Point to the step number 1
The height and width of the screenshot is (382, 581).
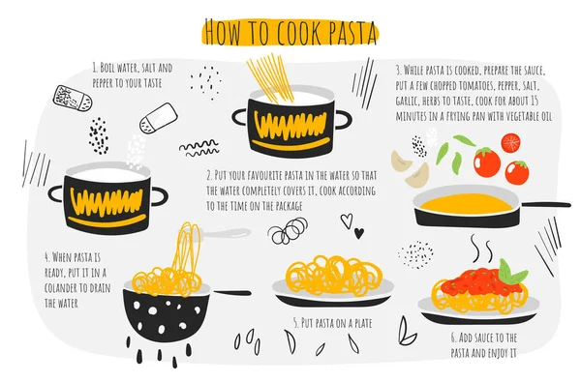(x=95, y=70)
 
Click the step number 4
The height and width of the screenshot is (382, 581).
(x=46, y=257)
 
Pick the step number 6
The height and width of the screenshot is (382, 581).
(x=454, y=338)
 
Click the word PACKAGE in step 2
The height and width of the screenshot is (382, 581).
(x=286, y=207)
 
